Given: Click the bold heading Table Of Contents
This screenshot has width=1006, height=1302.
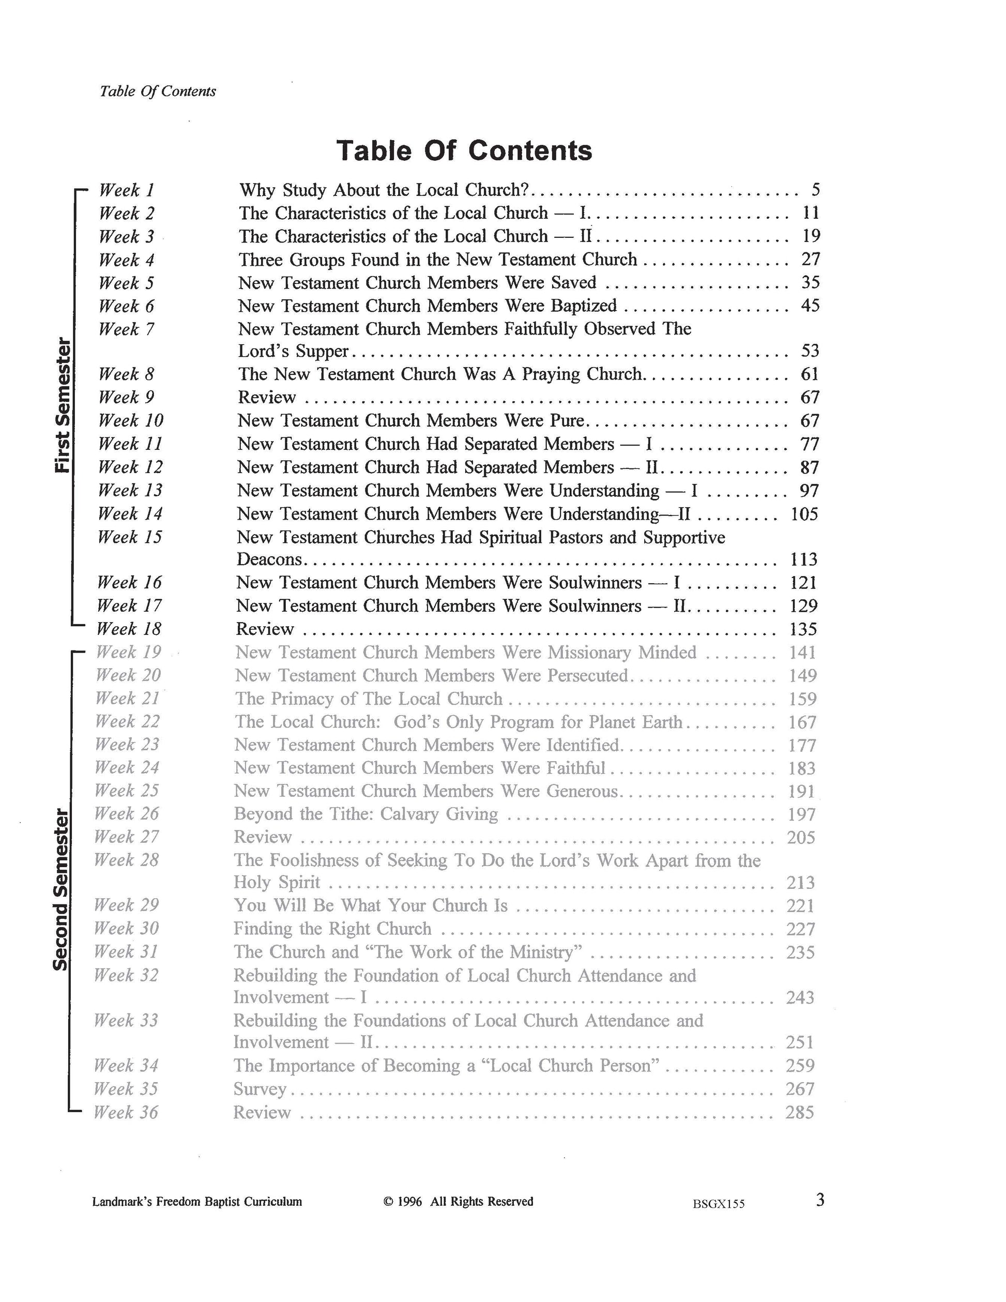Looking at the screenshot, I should coord(464,150).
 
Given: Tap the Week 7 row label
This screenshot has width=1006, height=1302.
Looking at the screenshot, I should coord(126,329).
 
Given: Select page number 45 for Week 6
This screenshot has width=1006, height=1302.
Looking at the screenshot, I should coord(810,306).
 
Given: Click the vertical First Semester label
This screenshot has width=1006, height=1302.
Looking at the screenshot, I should coord(63,405).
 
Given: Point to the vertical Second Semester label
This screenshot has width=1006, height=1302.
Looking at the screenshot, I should coord(61,888).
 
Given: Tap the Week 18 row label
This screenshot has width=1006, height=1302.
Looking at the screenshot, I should coord(129,629).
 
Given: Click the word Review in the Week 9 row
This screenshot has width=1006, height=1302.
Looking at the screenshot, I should coord(267,398).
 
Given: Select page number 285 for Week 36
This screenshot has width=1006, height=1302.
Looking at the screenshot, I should coord(799,1112).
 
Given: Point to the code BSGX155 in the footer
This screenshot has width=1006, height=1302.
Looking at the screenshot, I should coord(718,1203).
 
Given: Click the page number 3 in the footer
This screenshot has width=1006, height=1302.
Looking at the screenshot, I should coord(820,1200).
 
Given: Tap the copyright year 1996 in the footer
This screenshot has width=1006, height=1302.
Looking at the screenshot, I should coord(409,1201).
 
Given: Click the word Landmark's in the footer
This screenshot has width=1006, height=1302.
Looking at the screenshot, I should coord(122,1201).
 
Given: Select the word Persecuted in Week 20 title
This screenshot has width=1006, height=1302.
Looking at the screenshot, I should coord(588,675).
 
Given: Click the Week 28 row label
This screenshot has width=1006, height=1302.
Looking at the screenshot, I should coord(126,860).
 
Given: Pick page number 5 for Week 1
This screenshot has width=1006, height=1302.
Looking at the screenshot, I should coord(815,190).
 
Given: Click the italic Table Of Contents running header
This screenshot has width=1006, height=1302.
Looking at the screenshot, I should coord(158,91).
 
